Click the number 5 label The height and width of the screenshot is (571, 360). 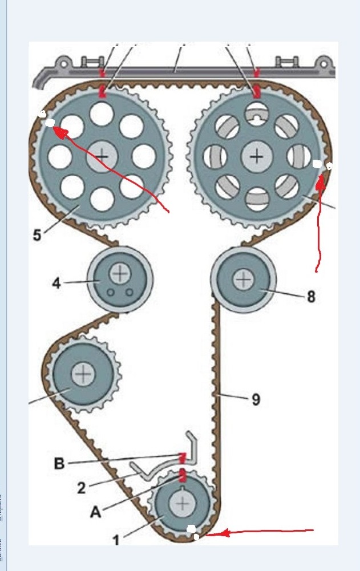pyautogui.click(x=37, y=235)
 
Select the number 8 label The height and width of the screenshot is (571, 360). pyautogui.click(x=311, y=297)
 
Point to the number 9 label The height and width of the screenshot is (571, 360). pyautogui.click(x=256, y=399)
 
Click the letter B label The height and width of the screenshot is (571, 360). pyautogui.click(x=59, y=463)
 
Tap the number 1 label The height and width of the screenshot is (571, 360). pyautogui.click(x=116, y=539)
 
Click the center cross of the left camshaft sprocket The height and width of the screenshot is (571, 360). pyautogui.click(x=102, y=155)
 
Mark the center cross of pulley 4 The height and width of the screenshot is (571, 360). pyautogui.click(x=120, y=274)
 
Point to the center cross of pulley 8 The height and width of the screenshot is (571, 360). pyautogui.click(x=244, y=279)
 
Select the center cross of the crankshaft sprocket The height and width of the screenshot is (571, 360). pyautogui.click(x=183, y=504)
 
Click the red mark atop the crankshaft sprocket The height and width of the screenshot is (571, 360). pyautogui.click(x=183, y=475)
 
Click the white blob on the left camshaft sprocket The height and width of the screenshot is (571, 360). pyautogui.click(x=50, y=123)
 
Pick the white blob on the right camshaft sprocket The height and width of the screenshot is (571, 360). pyautogui.click(x=317, y=164)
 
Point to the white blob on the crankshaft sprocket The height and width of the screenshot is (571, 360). pyautogui.click(x=192, y=529)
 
